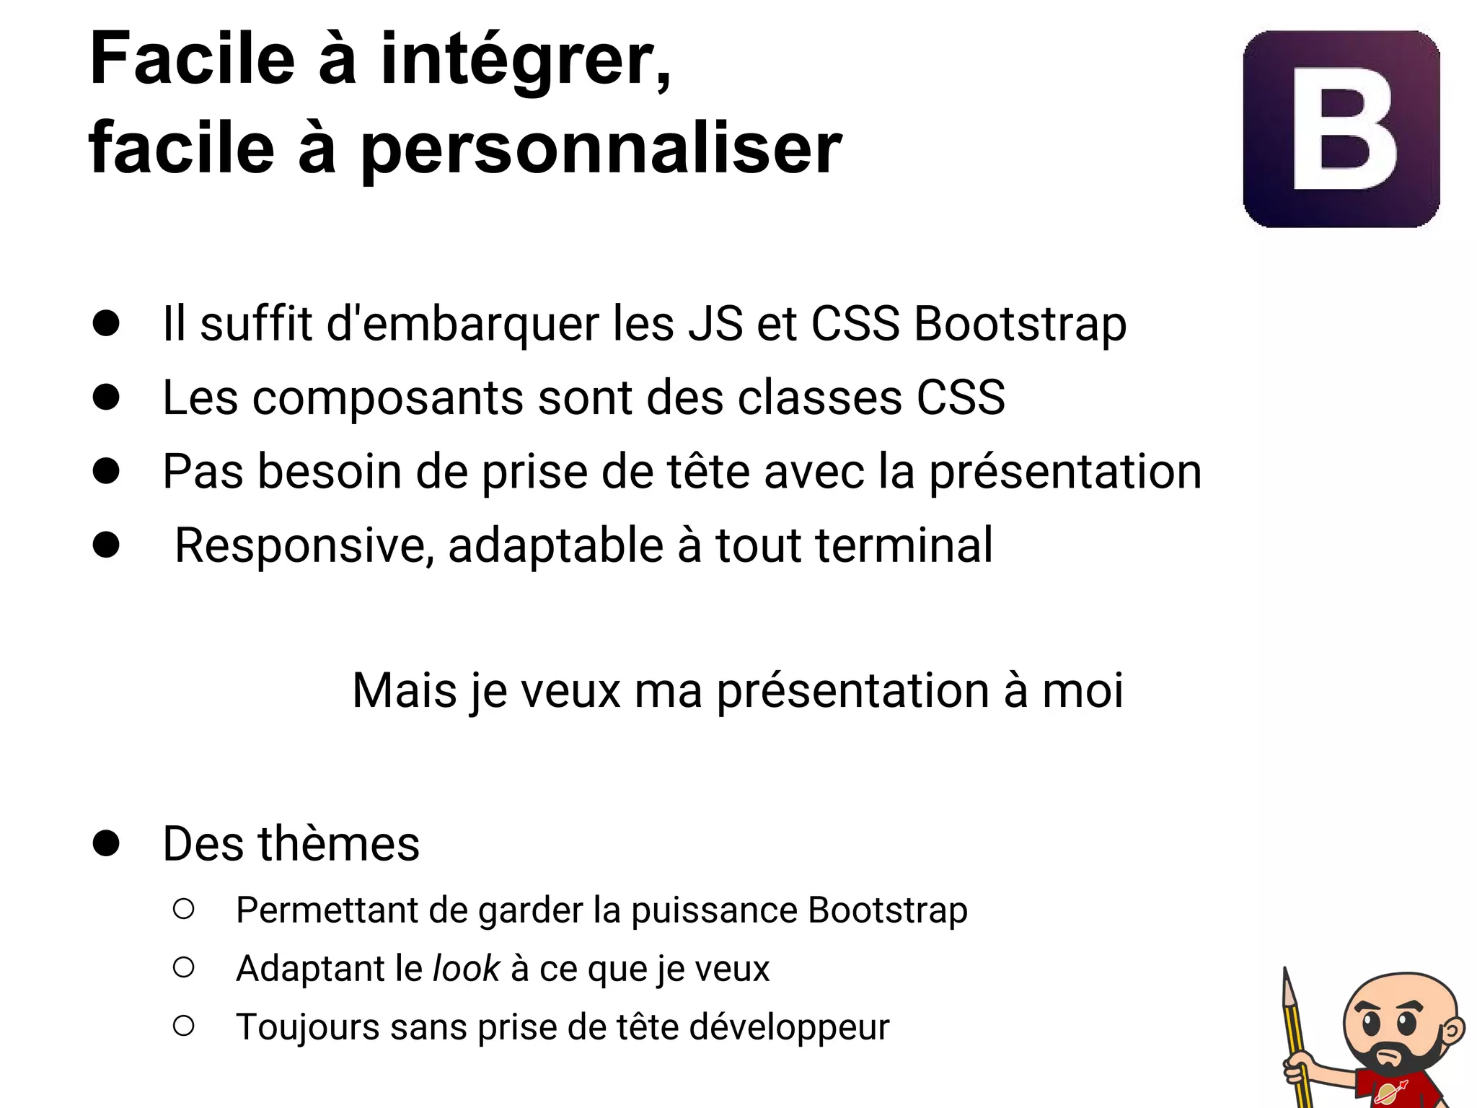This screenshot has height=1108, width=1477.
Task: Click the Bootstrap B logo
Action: tap(1341, 128)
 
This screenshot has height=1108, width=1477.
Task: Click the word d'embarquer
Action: tap(462, 325)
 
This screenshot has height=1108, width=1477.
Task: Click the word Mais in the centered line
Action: tap(404, 691)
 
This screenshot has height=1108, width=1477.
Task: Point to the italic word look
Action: tap(465, 968)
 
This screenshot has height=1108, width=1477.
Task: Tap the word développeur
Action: tap(789, 1027)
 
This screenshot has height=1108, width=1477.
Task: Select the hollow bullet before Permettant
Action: tap(184, 909)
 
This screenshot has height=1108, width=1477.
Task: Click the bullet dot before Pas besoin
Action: tap(106, 471)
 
